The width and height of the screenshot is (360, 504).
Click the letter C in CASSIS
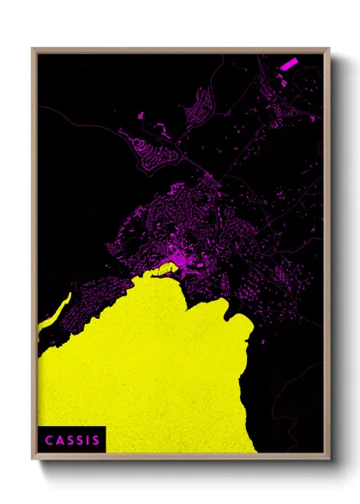pyautogui.click(x=49, y=441)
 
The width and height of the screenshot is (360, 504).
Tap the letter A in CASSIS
pyautogui.click(x=59, y=441)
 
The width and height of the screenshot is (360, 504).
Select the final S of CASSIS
pyautogui.click(x=95, y=441)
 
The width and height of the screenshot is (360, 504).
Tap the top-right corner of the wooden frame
pyautogui.click(x=328, y=50)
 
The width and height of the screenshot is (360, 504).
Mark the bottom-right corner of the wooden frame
pyautogui.click(x=328, y=459)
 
